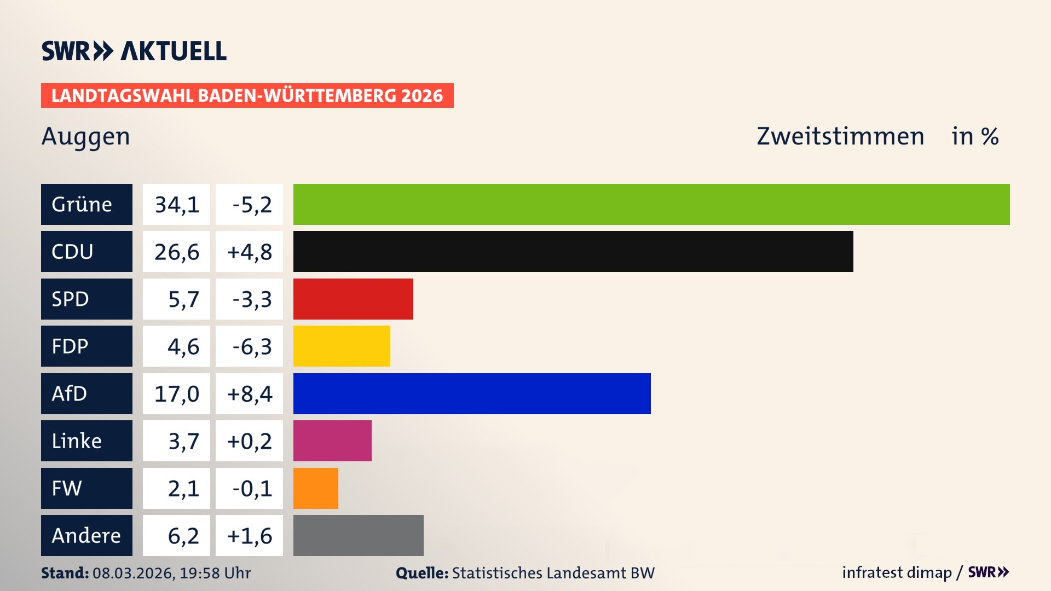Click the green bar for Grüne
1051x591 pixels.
pos(651,204)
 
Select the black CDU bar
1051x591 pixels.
pos(573,252)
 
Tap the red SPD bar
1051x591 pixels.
pos(353,299)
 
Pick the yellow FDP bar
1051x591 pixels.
pos(342,346)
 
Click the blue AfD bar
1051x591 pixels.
pos(472,393)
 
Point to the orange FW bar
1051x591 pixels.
pos(315,488)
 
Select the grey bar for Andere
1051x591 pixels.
pos(358,535)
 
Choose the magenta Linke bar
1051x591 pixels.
pos(332,441)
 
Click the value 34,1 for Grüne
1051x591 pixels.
pos(176,204)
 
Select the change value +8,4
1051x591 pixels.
pos(249,393)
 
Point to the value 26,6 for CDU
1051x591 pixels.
pos(176,252)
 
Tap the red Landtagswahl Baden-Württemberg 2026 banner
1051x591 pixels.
pos(247,95)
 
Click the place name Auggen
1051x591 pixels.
pos(86,136)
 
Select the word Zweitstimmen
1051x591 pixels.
pos(840,136)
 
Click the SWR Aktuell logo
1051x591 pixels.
pos(134,51)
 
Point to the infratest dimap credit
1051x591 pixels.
pos(897,572)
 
